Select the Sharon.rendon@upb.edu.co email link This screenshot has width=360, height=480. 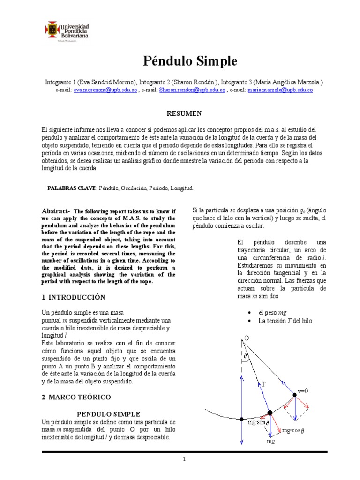click(192, 90)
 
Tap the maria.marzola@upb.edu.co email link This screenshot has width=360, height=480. click(280, 90)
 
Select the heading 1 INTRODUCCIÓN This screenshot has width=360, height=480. click(74, 297)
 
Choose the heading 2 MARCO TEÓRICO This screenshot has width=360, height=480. click(76, 397)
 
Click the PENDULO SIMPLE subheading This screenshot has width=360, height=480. click(108, 414)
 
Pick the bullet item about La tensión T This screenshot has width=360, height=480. click(285, 321)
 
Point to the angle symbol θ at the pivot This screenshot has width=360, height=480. click(246, 357)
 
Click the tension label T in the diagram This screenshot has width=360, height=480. click(263, 383)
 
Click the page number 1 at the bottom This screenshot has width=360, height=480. click(185, 459)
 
